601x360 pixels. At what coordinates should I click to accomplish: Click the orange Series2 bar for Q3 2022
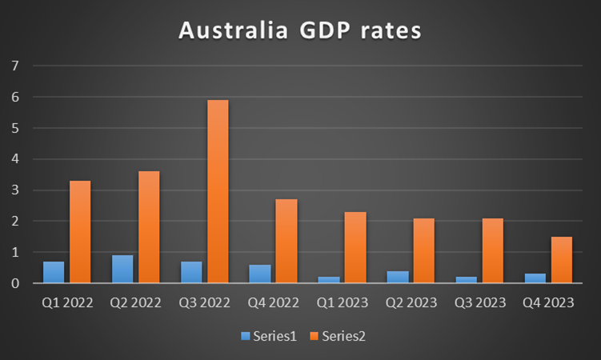click(217, 191)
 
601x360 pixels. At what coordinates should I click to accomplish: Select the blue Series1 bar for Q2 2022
click(122, 269)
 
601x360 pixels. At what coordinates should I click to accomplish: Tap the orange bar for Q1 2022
click(80, 232)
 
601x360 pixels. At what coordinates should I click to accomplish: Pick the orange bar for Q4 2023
click(562, 260)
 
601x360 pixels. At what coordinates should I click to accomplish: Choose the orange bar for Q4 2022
click(286, 241)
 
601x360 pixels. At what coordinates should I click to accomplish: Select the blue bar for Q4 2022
click(260, 274)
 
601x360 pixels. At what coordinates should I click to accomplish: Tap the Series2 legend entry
click(339, 337)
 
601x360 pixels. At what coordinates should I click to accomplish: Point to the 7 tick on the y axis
click(13, 66)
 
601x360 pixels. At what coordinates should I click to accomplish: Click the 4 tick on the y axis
click(13, 159)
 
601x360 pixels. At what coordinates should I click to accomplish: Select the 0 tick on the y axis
click(13, 283)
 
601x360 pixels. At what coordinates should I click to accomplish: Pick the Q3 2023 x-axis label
click(479, 304)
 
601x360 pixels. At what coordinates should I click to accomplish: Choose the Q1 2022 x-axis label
click(66, 304)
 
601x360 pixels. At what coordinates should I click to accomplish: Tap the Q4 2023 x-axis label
click(548, 304)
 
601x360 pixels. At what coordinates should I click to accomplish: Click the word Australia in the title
click(227, 31)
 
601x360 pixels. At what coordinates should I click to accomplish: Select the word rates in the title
click(388, 31)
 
